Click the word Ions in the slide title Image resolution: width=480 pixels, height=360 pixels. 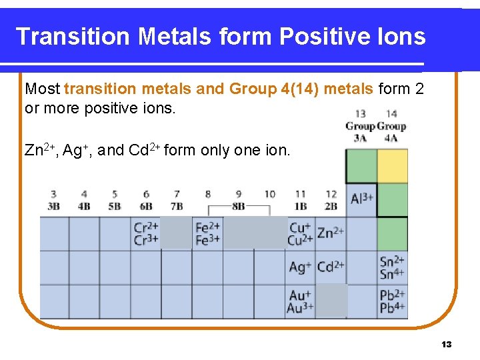tap(400, 36)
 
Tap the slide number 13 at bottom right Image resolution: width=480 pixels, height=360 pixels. tap(447, 344)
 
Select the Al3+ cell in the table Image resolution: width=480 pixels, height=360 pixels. tap(361, 199)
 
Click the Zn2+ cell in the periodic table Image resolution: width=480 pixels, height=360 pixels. tap(331, 233)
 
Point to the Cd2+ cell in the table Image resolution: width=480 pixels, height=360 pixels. tap(331, 267)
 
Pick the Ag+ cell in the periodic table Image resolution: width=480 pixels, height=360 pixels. tap(301, 267)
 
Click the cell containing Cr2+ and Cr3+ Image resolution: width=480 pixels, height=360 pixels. tap(146, 234)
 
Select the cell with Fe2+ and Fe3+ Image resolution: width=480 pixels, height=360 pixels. tap(207, 234)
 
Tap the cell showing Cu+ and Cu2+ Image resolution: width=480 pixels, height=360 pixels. tap(301, 234)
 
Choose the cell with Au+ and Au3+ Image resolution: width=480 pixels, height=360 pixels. tap(301, 301)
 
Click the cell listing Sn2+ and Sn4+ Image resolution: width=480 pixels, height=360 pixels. tap(392, 267)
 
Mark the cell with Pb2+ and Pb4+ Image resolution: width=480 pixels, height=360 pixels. tap(392, 301)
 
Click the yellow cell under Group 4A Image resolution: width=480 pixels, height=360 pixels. tap(392, 166)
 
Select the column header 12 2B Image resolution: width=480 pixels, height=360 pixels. tap(331, 200)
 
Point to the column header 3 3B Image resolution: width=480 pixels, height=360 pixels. tap(53, 200)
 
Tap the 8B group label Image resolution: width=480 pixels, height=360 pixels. tap(238, 206)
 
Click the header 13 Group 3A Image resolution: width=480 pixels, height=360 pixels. tap(360, 125)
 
